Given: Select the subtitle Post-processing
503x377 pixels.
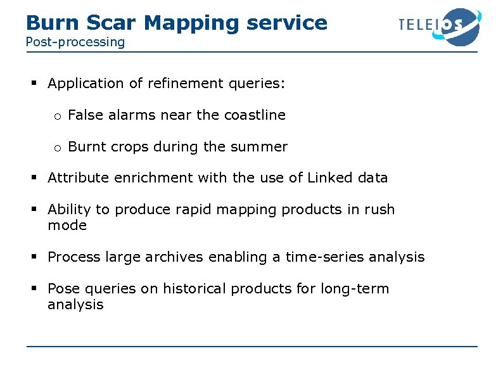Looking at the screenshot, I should click(x=75, y=42).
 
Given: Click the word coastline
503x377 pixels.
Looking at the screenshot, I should click(x=255, y=115).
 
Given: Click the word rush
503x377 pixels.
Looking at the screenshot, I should click(x=379, y=210).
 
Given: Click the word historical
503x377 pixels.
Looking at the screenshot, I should click(x=194, y=289).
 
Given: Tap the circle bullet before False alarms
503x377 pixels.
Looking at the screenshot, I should click(x=56, y=116).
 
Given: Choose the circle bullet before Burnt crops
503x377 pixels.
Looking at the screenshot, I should click(x=56, y=148).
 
